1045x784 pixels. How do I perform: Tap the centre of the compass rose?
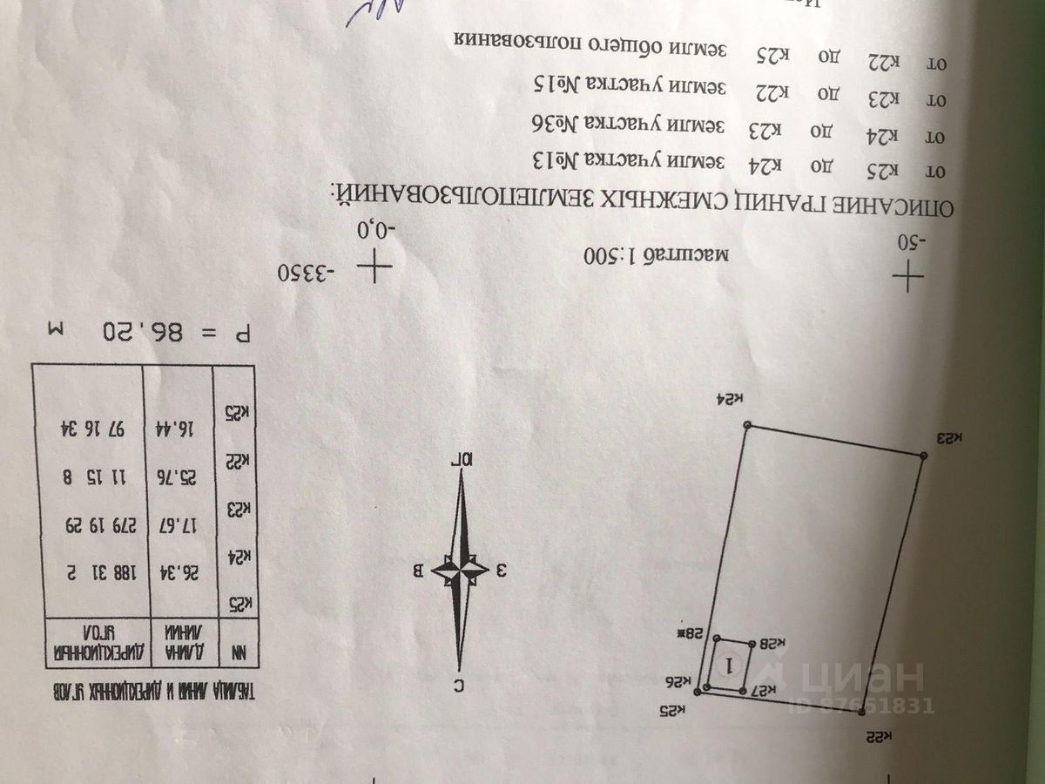pyautogui.click(x=462, y=571)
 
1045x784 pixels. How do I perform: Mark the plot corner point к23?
pyautogui.click(x=923, y=456)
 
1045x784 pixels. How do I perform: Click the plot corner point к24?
pyautogui.click(x=747, y=425)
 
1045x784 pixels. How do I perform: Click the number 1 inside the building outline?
pyautogui.click(x=731, y=665)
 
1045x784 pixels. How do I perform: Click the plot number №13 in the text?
pyautogui.click(x=555, y=162)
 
